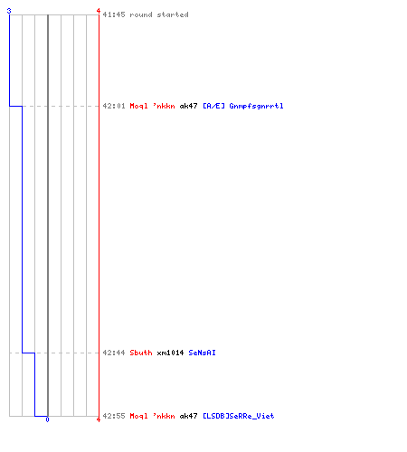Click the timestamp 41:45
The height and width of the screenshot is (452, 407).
[x=114, y=14]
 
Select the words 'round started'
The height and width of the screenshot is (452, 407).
[x=159, y=14]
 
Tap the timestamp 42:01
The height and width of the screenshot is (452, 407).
[x=114, y=106]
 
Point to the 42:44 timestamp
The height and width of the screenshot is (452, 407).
[x=114, y=353]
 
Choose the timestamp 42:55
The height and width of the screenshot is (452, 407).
[x=114, y=416]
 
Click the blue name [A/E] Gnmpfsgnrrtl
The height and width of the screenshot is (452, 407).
[x=243, y=106]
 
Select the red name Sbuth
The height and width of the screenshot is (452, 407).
[x=141, y=353]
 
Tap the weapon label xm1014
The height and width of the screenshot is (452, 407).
[x=170, y=353]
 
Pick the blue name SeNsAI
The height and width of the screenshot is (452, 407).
[x=202, y=353]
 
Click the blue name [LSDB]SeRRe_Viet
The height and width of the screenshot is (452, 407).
[x=239, y=416]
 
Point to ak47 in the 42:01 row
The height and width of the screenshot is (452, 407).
[x=188, y=106]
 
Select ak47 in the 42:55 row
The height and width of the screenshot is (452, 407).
[x=188, y=416]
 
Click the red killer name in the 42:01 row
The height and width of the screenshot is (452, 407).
[x=152, y=106]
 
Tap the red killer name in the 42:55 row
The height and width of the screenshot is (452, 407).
[x=152, y=416]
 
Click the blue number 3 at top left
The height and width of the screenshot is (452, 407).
[x=9, y=11]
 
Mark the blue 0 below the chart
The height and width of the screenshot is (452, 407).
[x=47, y=419]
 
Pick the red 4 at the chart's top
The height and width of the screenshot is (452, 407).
[x=99, y=11]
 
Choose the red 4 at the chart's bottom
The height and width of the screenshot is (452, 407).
[x=99, y=419]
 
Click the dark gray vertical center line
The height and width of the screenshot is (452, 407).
[x=48, y=215]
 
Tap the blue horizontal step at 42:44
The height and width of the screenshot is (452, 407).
[x=28, y=353]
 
